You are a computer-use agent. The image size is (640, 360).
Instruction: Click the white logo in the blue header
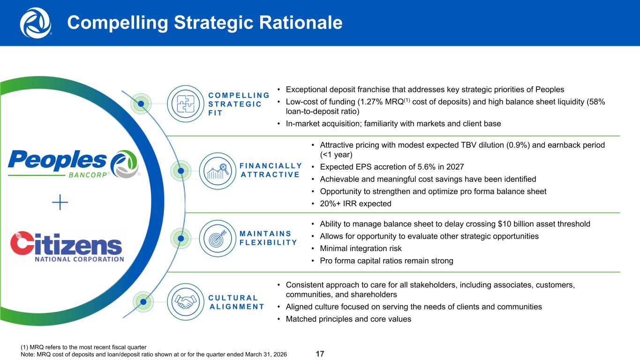point(36,23)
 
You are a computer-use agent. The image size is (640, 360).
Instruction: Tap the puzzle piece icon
point(185,104)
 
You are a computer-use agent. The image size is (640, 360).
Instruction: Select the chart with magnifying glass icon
point(218,171)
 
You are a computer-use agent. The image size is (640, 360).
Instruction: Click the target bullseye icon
point(218,239)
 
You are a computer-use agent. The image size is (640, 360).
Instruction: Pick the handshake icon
point(185,302)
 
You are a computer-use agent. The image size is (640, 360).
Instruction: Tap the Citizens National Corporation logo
point(67,247)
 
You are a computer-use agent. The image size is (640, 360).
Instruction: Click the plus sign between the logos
point(60,202)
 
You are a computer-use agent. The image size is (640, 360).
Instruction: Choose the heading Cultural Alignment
point(236,302)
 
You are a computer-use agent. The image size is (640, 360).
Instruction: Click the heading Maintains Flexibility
point(268,238)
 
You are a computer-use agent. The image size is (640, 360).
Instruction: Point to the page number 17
point(320,354)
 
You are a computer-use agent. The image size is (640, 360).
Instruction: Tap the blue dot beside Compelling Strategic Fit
point(141,104)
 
